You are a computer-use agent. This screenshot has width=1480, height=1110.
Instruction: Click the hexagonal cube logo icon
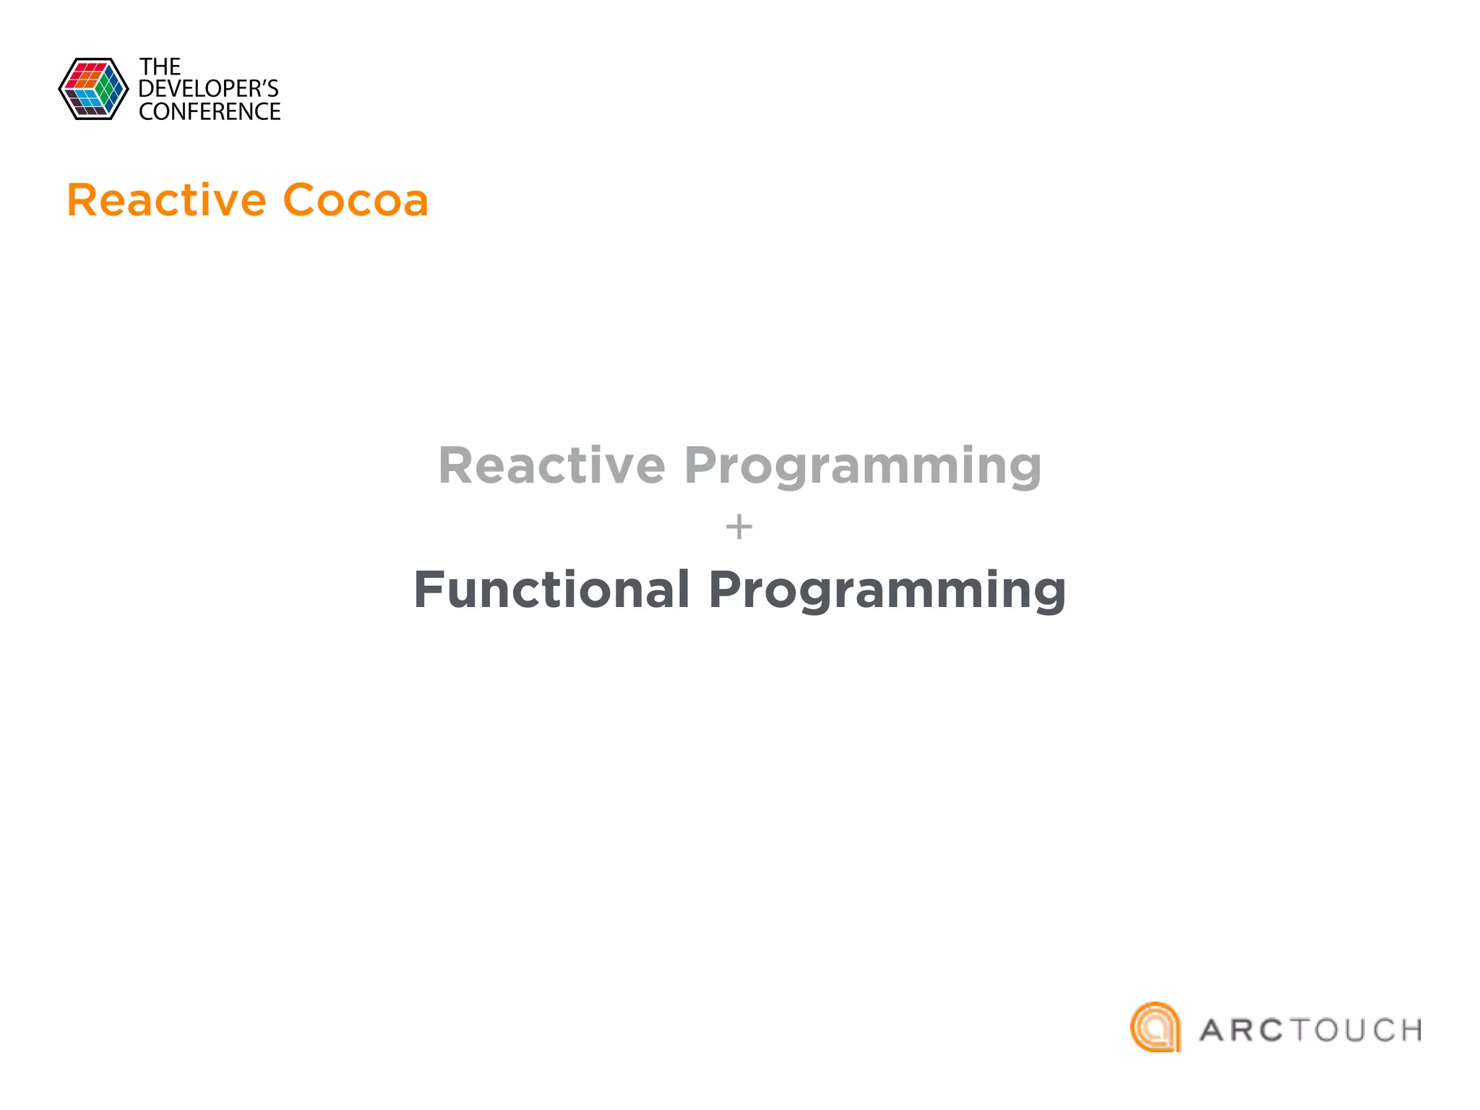click(x=93, y=89)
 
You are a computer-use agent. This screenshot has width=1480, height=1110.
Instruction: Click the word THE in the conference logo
click(x=160, y=67)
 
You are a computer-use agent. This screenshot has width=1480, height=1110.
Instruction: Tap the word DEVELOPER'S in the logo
click(x=208, y=89)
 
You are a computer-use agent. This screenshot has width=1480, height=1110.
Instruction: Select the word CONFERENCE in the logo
click(x=210, y=112)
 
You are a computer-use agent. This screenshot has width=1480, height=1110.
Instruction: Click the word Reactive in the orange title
click(x=166, y=200)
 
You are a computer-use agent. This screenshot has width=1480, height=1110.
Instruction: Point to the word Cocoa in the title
click(x=356, y=200)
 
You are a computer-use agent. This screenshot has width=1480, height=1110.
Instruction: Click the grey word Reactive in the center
click(x=551, y=465)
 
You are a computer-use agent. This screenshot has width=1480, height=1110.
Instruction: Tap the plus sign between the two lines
click(x=739, y=527)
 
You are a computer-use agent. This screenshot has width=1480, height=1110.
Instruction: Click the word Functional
click(x=551, y=590)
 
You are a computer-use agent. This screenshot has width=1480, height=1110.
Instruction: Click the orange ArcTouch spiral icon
click(x=1155, y=1027)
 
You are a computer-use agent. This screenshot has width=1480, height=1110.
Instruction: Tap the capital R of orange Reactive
click(x=82, y=200)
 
